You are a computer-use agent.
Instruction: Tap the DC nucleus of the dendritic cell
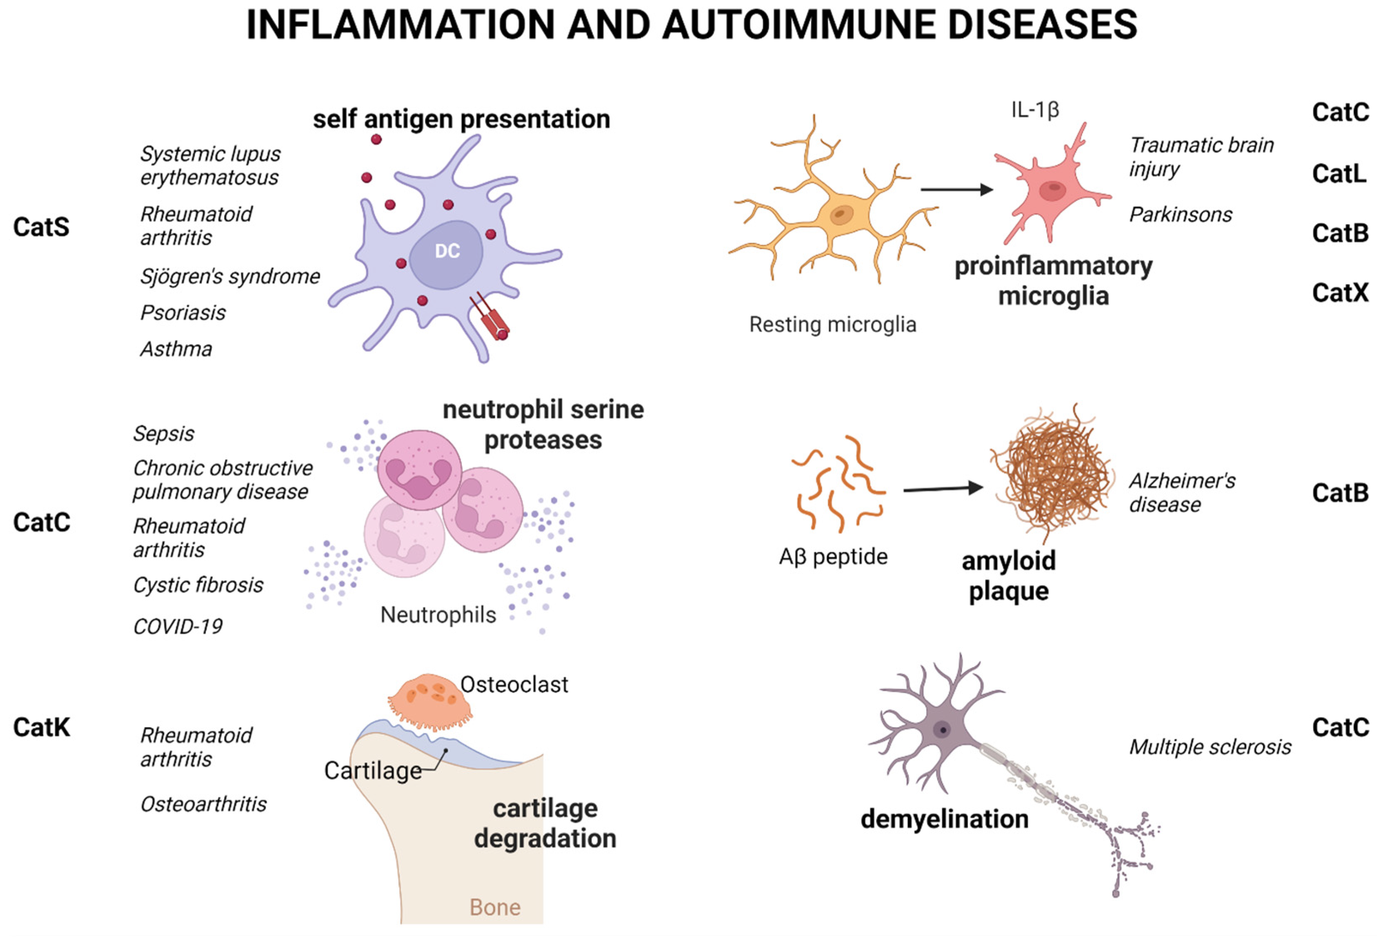(446, 253)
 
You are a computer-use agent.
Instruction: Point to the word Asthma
(176, 349)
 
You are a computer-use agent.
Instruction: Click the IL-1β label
(1035, 110)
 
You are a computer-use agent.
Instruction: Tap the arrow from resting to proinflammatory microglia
(956, 190)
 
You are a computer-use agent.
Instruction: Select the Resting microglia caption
(832, 324)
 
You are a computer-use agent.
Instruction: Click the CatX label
(1340, 292)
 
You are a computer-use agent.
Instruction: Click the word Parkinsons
(1180, 215)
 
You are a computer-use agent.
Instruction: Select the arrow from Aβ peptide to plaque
(942, 489)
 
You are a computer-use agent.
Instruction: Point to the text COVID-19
(178, 626)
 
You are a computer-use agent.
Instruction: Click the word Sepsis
(163, 434)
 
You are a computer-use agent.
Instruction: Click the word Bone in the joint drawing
(494, 907)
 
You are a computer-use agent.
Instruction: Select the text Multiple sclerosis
(1210, 747)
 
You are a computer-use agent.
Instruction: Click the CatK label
(42, 727)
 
